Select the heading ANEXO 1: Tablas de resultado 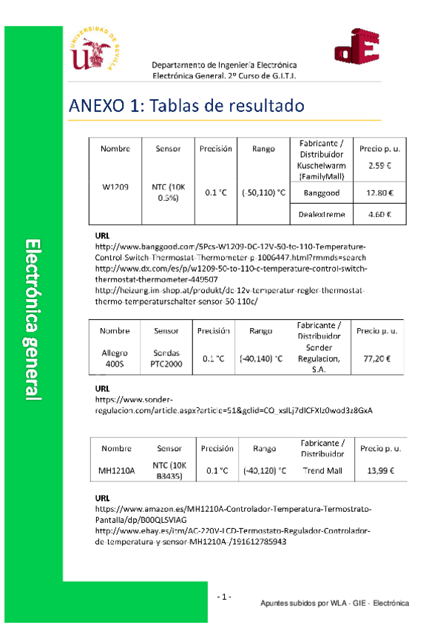[x=186, y=106]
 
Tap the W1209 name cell [x=115, y=187]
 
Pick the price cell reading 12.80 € [x=379, y=193]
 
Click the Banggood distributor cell [x=322, y=193]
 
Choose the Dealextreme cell [x=322, y=215]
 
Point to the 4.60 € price [x=379, y=215]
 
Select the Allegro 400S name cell [x=115, y=358]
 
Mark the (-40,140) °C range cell [x=261, y=359]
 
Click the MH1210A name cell [x=116, y=470]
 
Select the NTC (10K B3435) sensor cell [x=167, y=470]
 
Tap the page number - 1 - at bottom [x=225, y=597]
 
